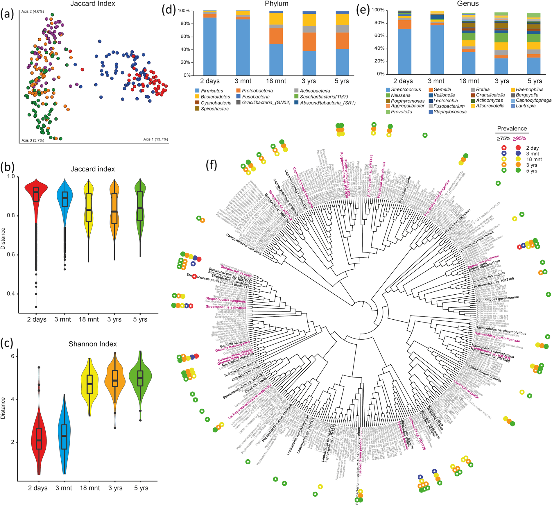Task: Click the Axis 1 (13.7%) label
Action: click(155, 139)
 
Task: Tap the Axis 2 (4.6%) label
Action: click(33, 12)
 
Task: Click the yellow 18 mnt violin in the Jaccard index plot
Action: click(89, 212)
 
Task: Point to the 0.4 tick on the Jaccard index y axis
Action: click(11, 294)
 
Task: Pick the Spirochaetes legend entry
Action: click(214, 109)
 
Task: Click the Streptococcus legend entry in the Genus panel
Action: click(406, 89)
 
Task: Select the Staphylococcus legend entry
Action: click(450, 112)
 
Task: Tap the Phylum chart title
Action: click(277, 4)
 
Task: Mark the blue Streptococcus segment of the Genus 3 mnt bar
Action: click(436, 49)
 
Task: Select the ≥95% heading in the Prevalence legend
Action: click(519, 139)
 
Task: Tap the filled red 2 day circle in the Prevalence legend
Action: click(518, 148)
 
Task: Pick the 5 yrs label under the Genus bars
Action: click(535, 81)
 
